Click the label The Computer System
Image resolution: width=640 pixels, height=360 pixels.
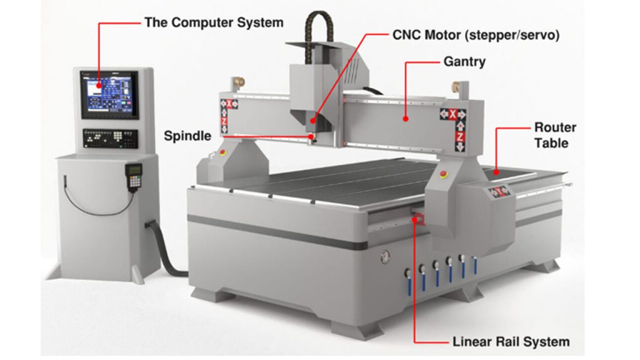214,23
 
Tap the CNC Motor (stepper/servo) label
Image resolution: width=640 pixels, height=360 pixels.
476,35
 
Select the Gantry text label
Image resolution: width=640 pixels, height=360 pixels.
464,62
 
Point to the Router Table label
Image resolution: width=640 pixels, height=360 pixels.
555,135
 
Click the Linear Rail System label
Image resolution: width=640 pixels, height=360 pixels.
511,342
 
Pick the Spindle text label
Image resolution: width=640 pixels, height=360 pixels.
187,136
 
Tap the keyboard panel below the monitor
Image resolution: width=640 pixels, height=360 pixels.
110,138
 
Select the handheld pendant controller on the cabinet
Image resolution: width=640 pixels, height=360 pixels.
134,177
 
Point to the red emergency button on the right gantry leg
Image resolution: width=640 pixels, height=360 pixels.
444,174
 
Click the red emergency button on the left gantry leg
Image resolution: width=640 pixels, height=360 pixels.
222,153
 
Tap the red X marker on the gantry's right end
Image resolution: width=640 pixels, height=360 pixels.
452,115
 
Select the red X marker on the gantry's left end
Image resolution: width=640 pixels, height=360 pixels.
229,104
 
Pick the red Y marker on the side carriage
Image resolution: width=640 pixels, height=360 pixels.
499,191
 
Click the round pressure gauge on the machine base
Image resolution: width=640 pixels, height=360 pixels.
385,257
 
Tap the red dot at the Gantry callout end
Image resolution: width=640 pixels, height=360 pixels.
406,119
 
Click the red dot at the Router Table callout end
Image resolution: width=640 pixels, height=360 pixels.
496,172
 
